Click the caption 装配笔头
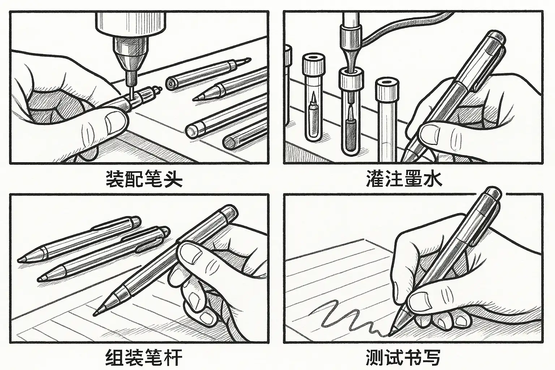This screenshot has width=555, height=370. [144, 179]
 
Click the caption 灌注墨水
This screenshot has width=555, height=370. [404, 178]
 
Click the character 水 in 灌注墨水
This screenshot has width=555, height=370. [433, 178]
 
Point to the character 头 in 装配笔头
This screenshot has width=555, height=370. [173, 179]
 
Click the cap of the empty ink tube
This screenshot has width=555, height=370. [387, 90]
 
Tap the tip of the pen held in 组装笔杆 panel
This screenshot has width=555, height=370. [95, 314]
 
